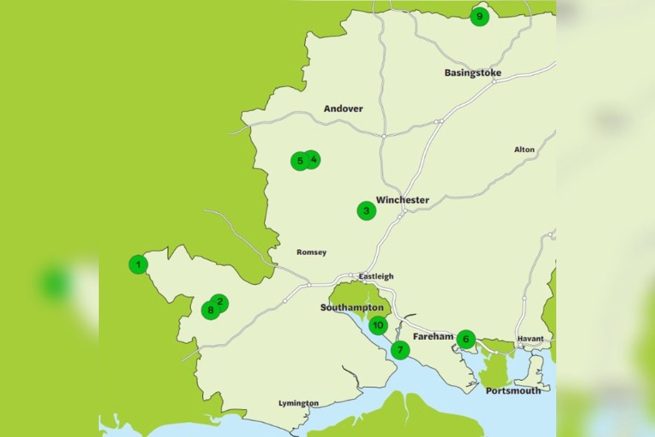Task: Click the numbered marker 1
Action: click(138, 265)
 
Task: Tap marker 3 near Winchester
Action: click(366, 211)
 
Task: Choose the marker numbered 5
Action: click(299, 161)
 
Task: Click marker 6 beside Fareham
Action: click(466, 339)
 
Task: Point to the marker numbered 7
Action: click(400, 350)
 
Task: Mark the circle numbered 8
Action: click(210, 311)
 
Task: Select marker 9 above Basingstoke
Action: click(479, 17)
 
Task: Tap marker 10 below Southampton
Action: click(378, 326)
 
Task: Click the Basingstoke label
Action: click(473, 73)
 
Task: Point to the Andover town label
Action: click(343, 109)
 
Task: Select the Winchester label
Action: click(402, 200)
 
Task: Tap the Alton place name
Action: click(524, 150)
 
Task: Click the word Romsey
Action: click(311, 252)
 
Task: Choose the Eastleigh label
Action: click(376, 276)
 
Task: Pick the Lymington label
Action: click(299, 404)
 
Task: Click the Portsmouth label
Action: click(513, 391)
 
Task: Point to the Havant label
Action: click(531, 339)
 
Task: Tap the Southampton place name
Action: click(352, 308)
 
